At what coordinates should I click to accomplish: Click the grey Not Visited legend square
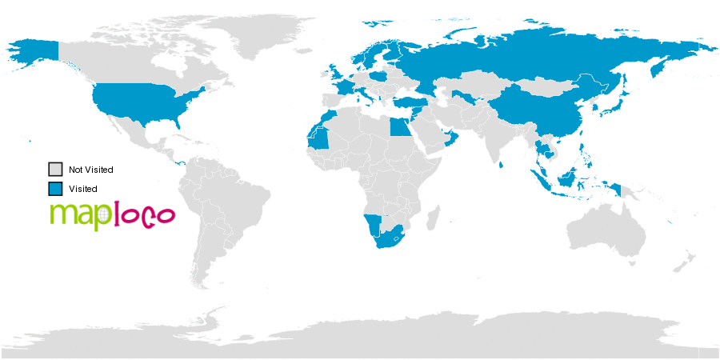point(55,170)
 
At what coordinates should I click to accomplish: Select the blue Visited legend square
point(55,189)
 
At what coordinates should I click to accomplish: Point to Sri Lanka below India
point(501,164)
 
